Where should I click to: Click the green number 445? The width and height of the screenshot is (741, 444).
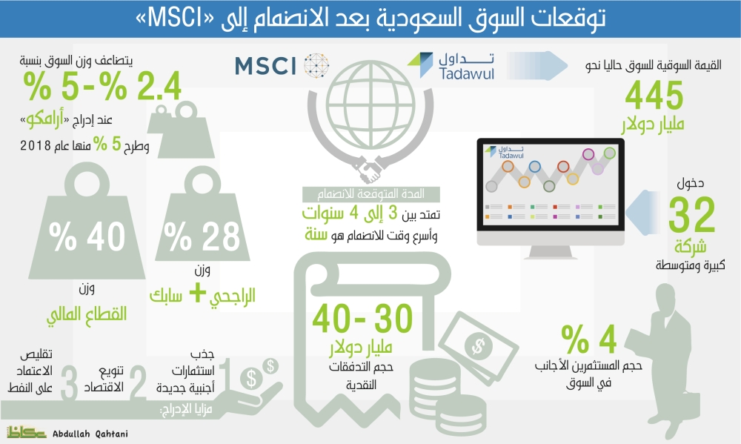click(654, 95)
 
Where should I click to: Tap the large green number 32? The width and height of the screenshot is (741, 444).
click(691, 215)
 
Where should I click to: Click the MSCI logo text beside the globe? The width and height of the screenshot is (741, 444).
click(265, 66)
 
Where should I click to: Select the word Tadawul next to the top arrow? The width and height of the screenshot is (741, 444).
click(466, 73)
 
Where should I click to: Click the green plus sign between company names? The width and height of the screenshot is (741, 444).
click(198, 294)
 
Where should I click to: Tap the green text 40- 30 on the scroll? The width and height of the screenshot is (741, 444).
click(362, 319)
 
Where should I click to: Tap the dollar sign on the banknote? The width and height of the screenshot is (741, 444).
click(478, 345)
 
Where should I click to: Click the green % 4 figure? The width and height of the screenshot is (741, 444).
click(589, 339)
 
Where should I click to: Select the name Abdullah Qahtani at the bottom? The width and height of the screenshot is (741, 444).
click(90, 434)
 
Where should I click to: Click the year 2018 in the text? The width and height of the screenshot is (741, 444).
click(36, 145)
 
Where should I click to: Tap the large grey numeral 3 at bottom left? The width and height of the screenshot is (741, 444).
click(69, 383)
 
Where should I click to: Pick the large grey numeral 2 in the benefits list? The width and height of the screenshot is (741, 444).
click(137, 383)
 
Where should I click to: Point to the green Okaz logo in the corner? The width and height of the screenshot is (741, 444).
click(26, 431)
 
